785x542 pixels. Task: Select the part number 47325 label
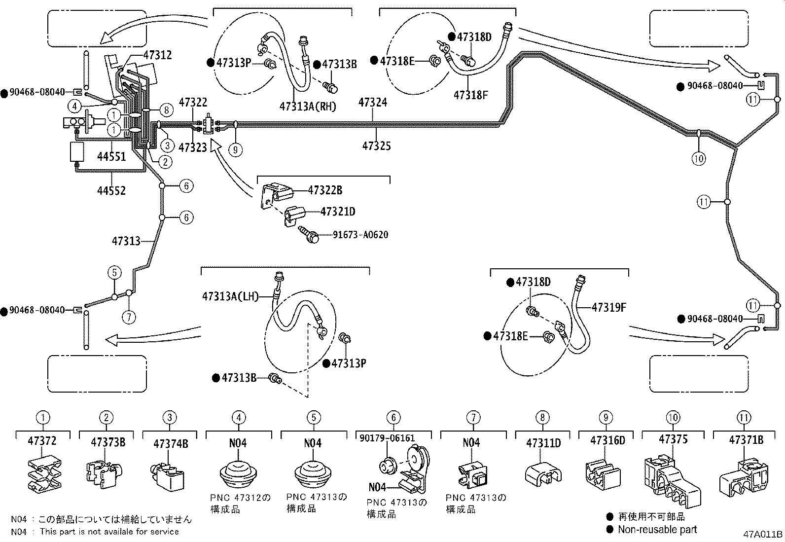[376, 146]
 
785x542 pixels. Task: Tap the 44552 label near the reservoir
[111, 190]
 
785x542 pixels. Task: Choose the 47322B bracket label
[325, 190]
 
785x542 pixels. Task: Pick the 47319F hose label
[608, 307]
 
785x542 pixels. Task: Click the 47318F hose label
[470, 95]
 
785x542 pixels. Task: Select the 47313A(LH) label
[230, 296]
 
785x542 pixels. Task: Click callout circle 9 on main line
[236, 149]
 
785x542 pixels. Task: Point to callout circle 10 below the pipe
[699, 159]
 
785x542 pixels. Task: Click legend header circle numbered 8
[542, 418]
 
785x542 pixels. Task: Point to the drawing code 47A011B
[763, 535]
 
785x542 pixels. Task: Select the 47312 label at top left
[157, 55]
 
